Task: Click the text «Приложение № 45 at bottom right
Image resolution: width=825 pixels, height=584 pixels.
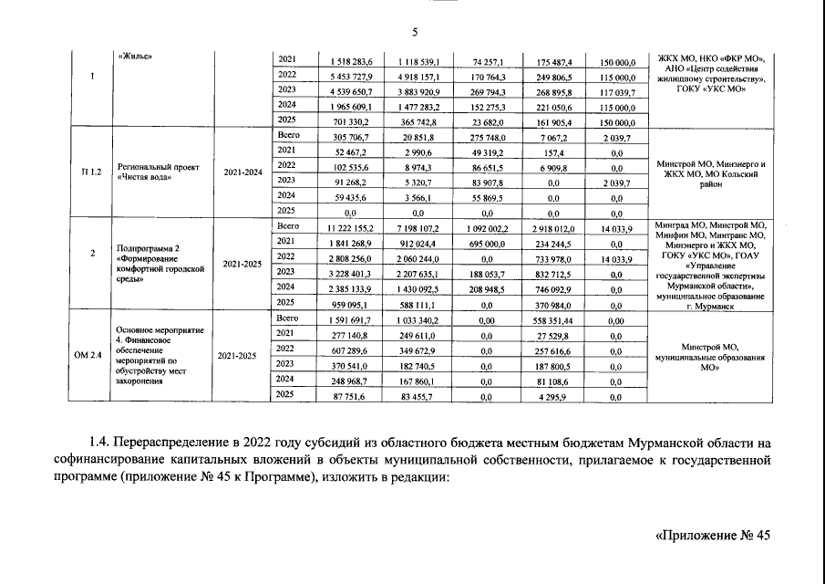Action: [x=714, y=536]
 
